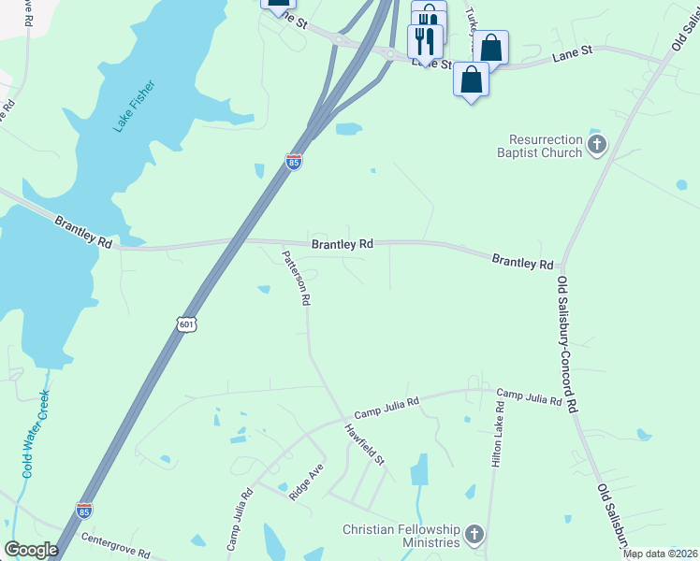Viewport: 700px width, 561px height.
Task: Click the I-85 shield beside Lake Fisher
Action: [x=294, y=161]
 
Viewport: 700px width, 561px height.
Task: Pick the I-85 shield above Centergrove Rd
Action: [x=83, y=510]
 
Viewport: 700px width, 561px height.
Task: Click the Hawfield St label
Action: [x=365, y=444]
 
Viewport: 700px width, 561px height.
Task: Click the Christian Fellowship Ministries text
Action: [x=401, y=535]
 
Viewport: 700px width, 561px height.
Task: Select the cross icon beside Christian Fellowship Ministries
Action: [x=474, y=535]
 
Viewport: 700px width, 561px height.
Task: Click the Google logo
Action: [x=31, y=550]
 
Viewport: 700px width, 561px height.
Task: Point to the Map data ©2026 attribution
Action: [x=661, y=554]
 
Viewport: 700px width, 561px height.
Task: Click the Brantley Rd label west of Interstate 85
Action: [x=83, y=232]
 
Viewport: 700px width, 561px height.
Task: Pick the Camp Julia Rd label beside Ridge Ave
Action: [x=240, y=518]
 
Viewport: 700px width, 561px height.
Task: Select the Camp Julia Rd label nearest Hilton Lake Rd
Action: [x=529, y=397]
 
